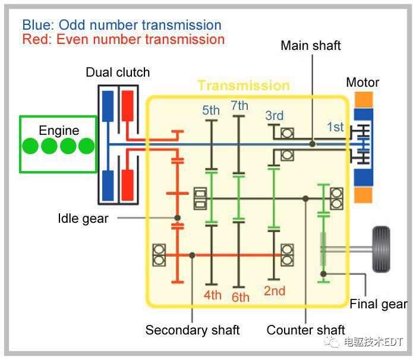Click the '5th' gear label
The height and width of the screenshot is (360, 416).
pyautogui.click(x=211, y=110)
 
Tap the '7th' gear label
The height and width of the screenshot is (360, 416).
pyautogui.click(x=239, y=106)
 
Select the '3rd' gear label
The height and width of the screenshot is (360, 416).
pyautogui.click(x=275, y=116)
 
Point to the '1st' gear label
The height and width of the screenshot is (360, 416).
pyautogui.click(x=335, y=127)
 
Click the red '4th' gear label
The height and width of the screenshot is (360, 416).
pyautogui.click(x=213, y=295)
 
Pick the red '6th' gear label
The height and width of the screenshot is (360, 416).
pyautogui.click(x=240, y=298)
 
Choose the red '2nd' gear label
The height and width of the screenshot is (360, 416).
pyautogui.click(x=275, y=291)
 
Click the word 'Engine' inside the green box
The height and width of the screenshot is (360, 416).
pyautogui.click(x=59, y=131)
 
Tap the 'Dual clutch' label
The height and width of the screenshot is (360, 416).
pyautogui.click(x=118, y=72)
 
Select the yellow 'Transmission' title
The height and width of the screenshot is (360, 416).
pyautogui.click(x=244, y=86)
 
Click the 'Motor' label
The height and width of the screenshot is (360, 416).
pyautogui.click(x=363, y=83)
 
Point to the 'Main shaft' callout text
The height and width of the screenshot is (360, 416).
pyautogui.click(x=311, y=46)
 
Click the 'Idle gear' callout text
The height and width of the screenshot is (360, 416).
pyautogui.click(x=83, y=219)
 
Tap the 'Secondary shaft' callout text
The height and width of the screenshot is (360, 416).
pyautogui.click(x=193, y=330)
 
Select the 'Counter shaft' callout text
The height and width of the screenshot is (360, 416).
pyautogui.click(x=305, y=330)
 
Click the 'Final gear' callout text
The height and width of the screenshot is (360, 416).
pyautogui.click(x=379, y=304)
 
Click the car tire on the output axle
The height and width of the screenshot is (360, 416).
pyautogui.click(x=381, y=249)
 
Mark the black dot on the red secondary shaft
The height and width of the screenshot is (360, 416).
pyautogui.click(x=192, y=255)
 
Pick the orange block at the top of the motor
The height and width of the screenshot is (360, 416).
pyautogui.click(x=364, y=100)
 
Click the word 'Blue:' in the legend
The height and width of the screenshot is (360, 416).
pyautogui.click(x=38, y=25)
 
